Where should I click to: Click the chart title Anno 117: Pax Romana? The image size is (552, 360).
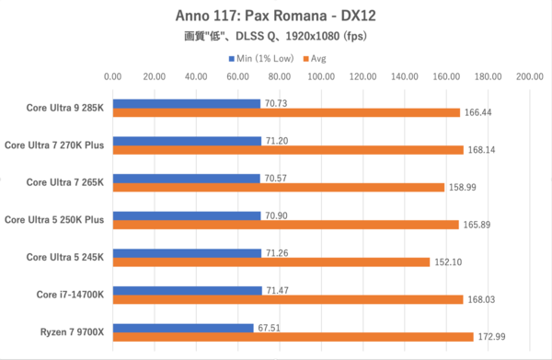click(x=275, y=16)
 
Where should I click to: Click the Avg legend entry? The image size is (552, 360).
click(x=316, y=58)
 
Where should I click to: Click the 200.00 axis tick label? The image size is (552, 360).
click(x=529, y=77)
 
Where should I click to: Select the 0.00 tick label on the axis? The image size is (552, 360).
click(x=112, y=77)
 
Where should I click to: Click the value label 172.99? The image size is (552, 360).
click(x=491, y=336)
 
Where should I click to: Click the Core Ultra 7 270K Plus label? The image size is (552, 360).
click(x=56, y=144)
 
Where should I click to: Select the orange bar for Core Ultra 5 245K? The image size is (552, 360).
click(x=270, y=261)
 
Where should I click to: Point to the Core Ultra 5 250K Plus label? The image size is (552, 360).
click(x=56, y=218)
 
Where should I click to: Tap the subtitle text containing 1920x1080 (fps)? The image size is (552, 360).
click(x=275, y=38)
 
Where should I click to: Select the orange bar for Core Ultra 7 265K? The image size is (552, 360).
click(x=278, y=187)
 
